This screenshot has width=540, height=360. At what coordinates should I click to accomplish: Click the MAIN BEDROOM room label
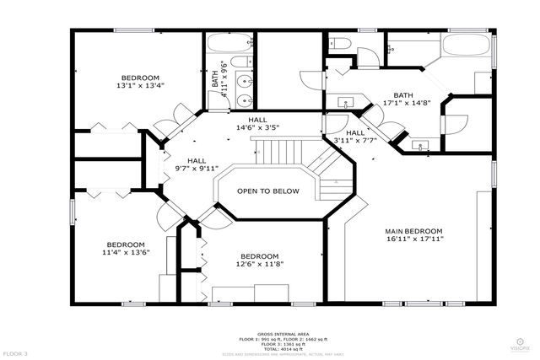click(413, 231)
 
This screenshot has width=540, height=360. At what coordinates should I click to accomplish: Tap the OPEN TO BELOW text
click(267, 191)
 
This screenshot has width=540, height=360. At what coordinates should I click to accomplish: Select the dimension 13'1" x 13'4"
click(141, 84)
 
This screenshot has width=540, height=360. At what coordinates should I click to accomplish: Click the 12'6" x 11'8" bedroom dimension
click(259, 265)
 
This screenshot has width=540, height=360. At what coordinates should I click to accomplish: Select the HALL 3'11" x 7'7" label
click(355, 137)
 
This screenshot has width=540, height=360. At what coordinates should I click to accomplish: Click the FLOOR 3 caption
click(15, 352)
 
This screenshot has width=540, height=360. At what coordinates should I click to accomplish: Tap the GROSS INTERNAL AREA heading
click(269, 334)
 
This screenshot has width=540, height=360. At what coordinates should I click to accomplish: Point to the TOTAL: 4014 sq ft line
click(269, 348)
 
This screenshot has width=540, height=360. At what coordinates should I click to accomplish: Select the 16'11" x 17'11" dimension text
click(413, 239)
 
